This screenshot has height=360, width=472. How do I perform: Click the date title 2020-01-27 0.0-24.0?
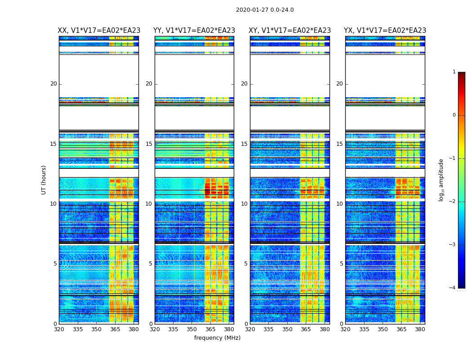(x=265, y=10)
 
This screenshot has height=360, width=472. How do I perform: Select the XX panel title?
(x=99, y=31)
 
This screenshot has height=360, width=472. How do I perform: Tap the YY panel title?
(x=194, y=31)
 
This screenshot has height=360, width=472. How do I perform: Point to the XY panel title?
(x=290, y=31)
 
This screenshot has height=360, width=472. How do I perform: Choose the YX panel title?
(x=385, y=31)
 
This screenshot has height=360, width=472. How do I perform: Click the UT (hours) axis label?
(x=44, y=180)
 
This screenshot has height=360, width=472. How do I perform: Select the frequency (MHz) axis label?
(x=217, y=338)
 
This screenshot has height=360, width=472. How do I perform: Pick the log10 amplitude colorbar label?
(x=441, y=180)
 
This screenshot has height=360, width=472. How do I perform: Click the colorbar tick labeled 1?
(x=454, y=72)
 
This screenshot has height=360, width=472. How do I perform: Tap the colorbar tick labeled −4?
(x=453, y=288)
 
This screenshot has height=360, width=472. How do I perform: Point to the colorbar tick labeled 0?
(x=454, y=115)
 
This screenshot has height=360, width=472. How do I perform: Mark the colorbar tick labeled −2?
(x=453, y=202)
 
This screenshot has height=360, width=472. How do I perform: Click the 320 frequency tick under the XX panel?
(x=59, y=329)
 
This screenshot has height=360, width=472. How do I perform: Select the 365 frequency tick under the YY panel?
(x=210, y=329)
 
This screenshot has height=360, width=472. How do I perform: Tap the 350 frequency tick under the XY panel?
(x=287, y=329)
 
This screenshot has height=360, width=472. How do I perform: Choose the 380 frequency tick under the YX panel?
(x=420, y=329)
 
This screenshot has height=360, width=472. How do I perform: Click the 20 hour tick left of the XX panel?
(x=53, y=84)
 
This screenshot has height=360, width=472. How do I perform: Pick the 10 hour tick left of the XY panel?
(x=244, y=204)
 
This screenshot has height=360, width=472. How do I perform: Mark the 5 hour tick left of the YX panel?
(x=341, y=264)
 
